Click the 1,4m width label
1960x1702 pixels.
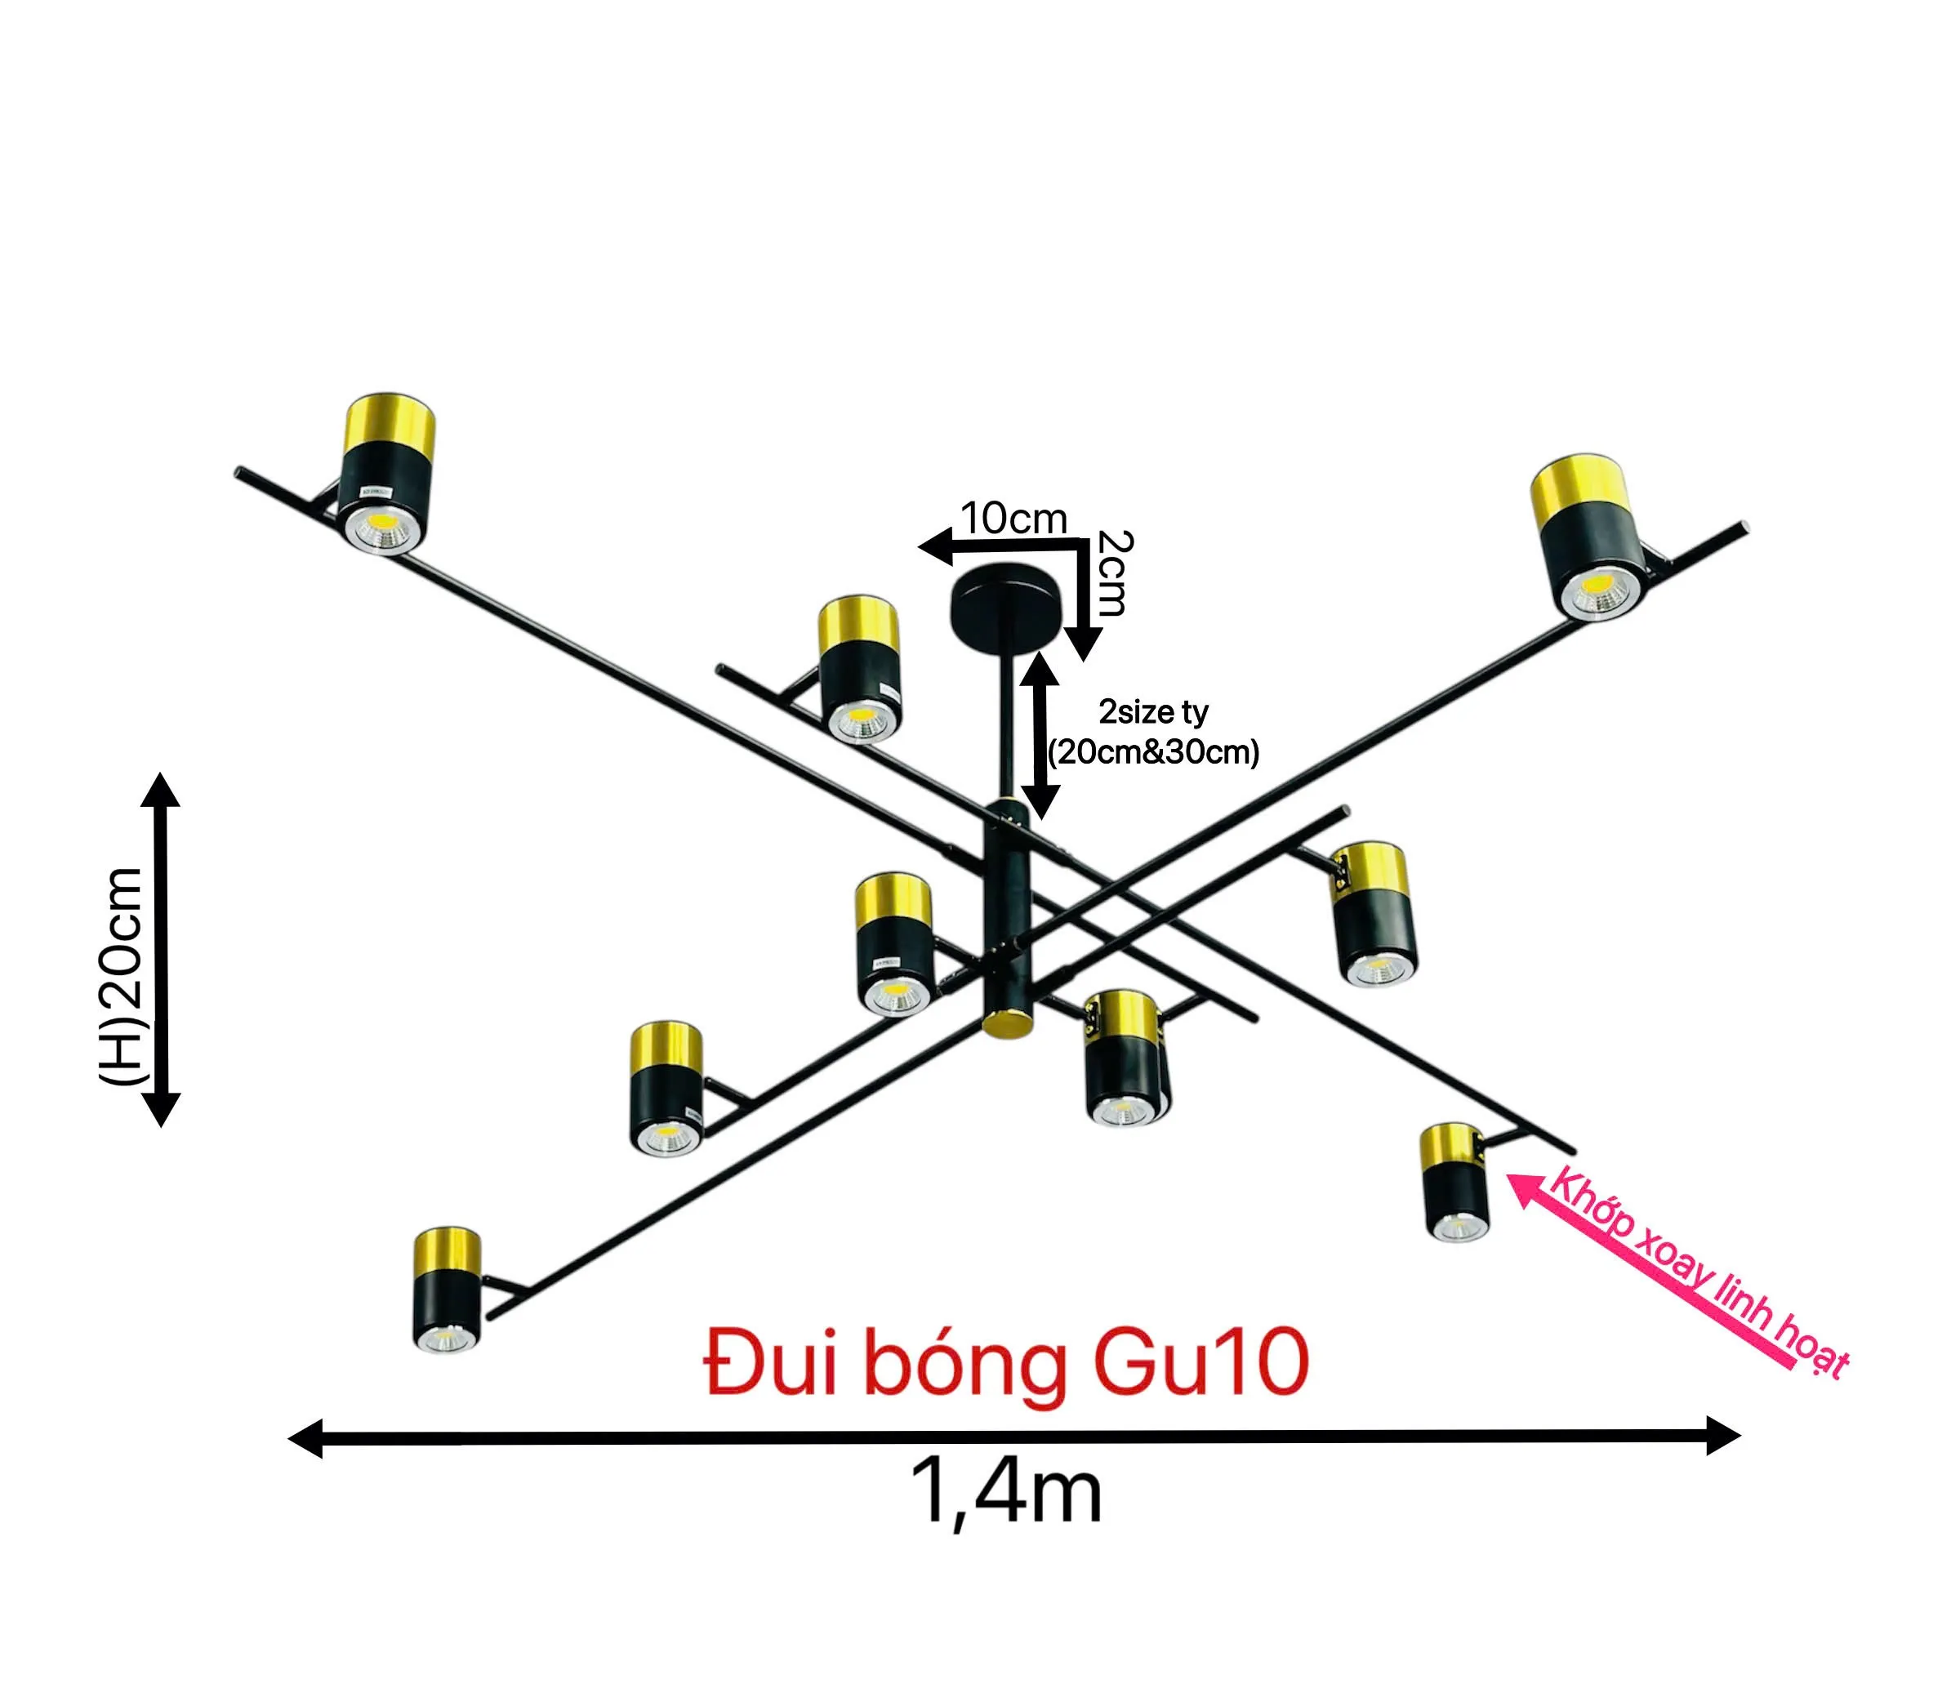pos(1005,1492)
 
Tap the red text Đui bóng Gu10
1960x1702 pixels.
pos(1007,1364)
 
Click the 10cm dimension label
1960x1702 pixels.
pos(1014,518)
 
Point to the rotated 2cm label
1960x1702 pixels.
pos(1113,573)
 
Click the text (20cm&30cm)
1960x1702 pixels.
pos(1154,752)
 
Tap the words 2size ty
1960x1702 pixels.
pos(1154,711)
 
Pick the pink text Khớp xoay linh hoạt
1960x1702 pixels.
pos(1699,1272)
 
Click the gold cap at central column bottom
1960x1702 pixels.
pos(1007,1024)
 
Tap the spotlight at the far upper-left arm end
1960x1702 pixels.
pos(386,472)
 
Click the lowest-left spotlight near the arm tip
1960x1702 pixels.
pos(447,1289)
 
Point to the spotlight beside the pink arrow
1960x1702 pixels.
pos(1454,1182)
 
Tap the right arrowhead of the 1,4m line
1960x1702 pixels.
pos(1722,1435)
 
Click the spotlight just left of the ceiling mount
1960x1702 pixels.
pos(860,669)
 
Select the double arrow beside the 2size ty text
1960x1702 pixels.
pos(1040,735)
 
